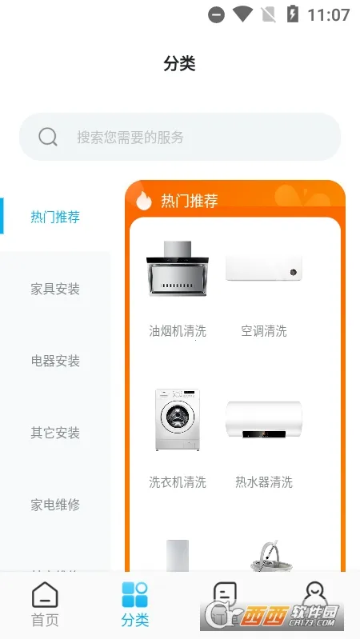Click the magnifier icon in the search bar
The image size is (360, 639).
point(48,137)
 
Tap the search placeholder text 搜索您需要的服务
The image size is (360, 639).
point(130,137)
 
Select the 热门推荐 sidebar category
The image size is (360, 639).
point(55,217)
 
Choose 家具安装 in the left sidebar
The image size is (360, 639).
point(55,289)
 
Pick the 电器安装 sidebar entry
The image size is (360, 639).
point(55,361)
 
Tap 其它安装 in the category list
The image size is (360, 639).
point(55,433)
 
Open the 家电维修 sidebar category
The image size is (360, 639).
point(55,505)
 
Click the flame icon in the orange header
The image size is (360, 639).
point(144,200)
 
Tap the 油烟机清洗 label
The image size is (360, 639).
point(178,331)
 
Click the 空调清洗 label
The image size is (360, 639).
point(264,331)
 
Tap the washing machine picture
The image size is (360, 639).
point(178,420)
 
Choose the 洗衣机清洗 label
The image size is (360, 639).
point(178,482)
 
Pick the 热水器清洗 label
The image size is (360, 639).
point(264,482)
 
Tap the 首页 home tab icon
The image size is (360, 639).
point(45,596)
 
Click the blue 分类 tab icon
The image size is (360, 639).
point(134,596)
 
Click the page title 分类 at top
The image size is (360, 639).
point(179,64)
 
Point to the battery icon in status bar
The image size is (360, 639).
point(294,14)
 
